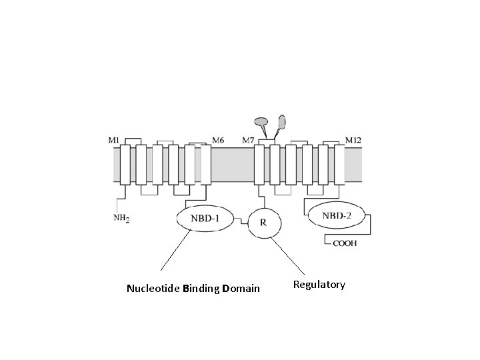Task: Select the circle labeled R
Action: tap(263, 223)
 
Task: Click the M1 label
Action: tap(114, 140)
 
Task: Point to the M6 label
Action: tap(218, 140)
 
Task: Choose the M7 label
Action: tap(248, 140)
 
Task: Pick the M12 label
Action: tap(353, 140)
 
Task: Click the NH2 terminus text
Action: tap(121, 217)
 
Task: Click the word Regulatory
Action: tap(319, 285)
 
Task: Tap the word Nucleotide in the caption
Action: tap(153, 289)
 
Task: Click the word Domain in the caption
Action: tap(241, 289)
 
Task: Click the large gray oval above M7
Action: tap(261, 122)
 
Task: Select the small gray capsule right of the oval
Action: tap(282, 121)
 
